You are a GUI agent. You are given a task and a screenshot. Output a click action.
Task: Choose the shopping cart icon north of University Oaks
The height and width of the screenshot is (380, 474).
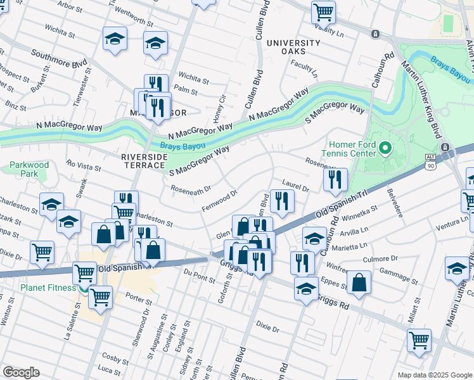point(323,11)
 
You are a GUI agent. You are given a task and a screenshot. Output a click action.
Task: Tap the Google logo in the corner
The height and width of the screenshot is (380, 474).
point(21,372)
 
